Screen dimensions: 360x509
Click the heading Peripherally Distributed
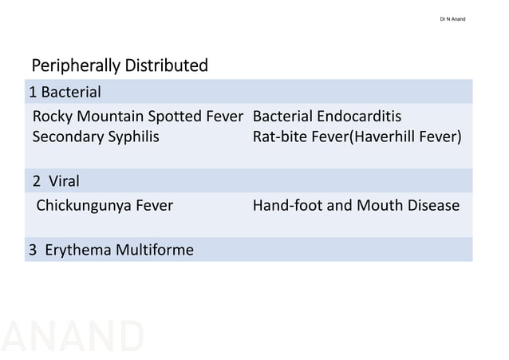coord(119,65)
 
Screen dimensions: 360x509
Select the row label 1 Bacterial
coord(65,91)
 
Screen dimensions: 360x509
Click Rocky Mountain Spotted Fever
coord(137,116)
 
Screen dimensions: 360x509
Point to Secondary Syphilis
coord(96,136)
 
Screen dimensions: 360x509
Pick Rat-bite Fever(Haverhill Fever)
coord(357,136)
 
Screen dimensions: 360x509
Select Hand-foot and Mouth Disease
coord(356,205)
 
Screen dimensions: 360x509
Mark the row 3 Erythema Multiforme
coord(111,250)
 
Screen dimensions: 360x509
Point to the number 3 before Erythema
coord(34,250)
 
